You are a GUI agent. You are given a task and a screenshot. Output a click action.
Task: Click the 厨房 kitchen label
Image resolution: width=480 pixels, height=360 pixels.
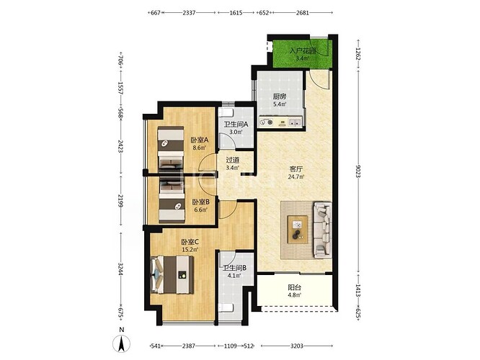pyautogui.click(x=280, y=96)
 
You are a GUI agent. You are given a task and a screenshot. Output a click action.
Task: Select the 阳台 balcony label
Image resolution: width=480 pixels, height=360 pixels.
pyautogui.click(x=295, y=287)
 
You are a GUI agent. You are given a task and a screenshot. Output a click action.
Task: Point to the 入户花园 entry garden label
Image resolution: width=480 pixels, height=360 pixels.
pyautogui.click(x=303, y=51)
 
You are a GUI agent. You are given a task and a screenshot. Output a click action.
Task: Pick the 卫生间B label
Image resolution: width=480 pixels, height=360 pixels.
pyautogui.click(x=234, y=268)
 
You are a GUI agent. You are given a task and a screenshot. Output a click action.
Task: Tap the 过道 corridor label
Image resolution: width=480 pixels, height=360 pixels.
pyautogui.click(x=232, y=160)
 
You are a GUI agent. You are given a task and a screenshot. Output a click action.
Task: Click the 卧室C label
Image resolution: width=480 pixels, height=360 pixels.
pyautogui.click(x=190, y=242)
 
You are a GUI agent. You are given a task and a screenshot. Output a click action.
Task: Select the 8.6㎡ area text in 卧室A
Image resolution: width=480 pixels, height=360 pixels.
pyautogui.click(x=200, y=148)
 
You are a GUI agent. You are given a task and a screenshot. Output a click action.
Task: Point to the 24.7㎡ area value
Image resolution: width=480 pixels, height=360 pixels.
pyautogui.click(x=296, y=176)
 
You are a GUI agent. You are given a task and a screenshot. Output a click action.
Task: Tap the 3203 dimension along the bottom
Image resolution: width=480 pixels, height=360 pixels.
pyautogui.click(x=297, y=346)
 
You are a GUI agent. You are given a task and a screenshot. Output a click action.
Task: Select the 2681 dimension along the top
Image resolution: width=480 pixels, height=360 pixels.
pyautogui.click(x=303, y=13)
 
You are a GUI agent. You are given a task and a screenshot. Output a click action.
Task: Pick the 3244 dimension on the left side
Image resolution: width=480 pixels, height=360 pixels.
pyautogui.click(x=120, y=269)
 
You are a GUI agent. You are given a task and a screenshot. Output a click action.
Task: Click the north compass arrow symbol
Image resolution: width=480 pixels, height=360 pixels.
pyautogui.click(x=122, y=343)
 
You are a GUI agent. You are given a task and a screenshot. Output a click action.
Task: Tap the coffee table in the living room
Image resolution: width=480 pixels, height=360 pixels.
pyautogui.click(x=298, y=230)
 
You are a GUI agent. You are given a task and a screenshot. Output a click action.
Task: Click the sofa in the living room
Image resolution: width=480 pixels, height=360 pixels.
pyautogui.click(x=322, y=230)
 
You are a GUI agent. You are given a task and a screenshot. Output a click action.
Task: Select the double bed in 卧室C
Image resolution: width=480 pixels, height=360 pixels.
pyautogui.click(x=172, y=274)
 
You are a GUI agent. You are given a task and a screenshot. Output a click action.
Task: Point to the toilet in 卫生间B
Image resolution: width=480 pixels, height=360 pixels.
pyautogui.click(x=226, y=307)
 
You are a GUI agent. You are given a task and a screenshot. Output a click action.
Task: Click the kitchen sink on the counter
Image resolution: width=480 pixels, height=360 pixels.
pyautogui.click(x=295, y=122)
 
